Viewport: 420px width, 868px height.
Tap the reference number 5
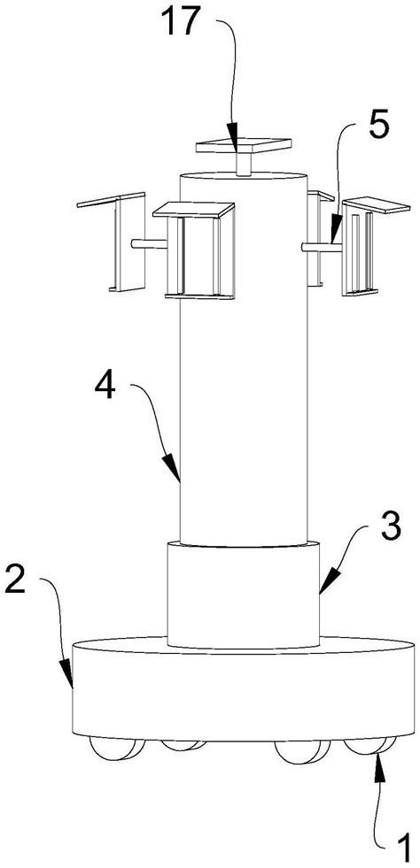click(377, 127)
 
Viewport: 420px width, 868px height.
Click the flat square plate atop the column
click(244, 146)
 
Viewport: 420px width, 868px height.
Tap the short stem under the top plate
click(244, 165)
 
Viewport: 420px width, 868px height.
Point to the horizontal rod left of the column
click(149, 243)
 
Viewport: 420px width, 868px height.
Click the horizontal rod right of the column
click(322, 248)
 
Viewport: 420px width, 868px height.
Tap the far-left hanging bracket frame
click(112, 242)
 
